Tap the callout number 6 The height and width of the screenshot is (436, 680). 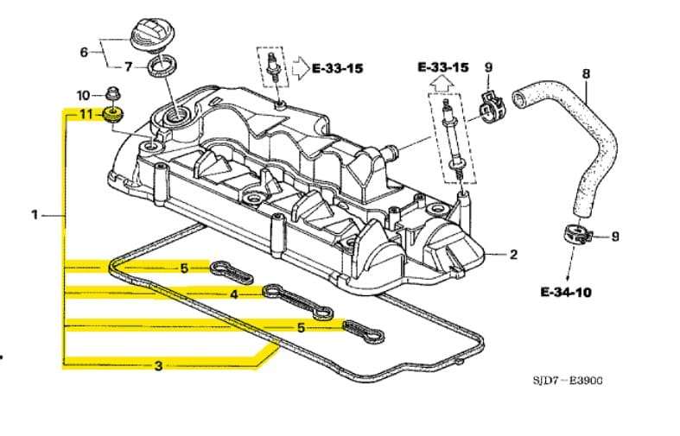pyautogui.click(x=84, y=52)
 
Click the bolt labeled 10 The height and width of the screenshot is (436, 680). pyautogui.click(x=112, y=92)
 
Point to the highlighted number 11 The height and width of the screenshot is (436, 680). pyautogui.click(x=86, y=114)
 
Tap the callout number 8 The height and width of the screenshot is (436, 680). pyautogui.click(x=586, y=74)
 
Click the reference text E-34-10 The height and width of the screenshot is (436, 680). pyautogui.click(x=566, y=292)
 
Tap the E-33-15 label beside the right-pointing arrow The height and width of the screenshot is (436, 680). pyautogui.click(x=337, y=67)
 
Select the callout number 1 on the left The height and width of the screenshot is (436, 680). pyautogui.click(x=35, y=214)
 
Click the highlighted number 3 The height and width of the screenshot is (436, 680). pyautogui.click(x=158, y=366)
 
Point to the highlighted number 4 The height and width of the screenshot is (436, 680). pyautogui.click(x=233, y=294)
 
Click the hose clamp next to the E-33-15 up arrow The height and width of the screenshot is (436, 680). pyautogui.click(x=488, y=106)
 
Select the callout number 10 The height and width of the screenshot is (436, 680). pyautogui.click(x=83, y=94)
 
